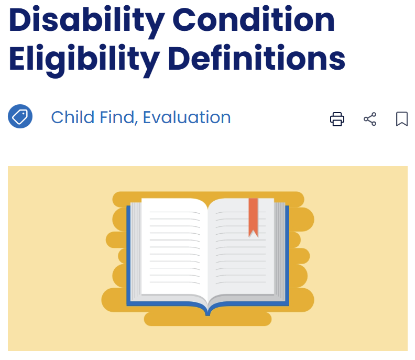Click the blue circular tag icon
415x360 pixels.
pyautogui.click(x=20, y=117)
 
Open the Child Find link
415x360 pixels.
pyautogui.click(x=93, y=117)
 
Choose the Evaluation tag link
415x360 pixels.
pyautogui.click(x=187, y=117)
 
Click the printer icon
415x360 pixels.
pyautogui.click(x=337, y=119)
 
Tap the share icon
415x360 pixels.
pyautogui.click(x=370, y=119)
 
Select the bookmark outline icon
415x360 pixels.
pyautogui.click(x=402, y=119)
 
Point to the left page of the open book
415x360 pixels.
pyautogui.click(x=173, y=246)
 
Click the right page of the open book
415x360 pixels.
pyautogui.click(x=241, y=252)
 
